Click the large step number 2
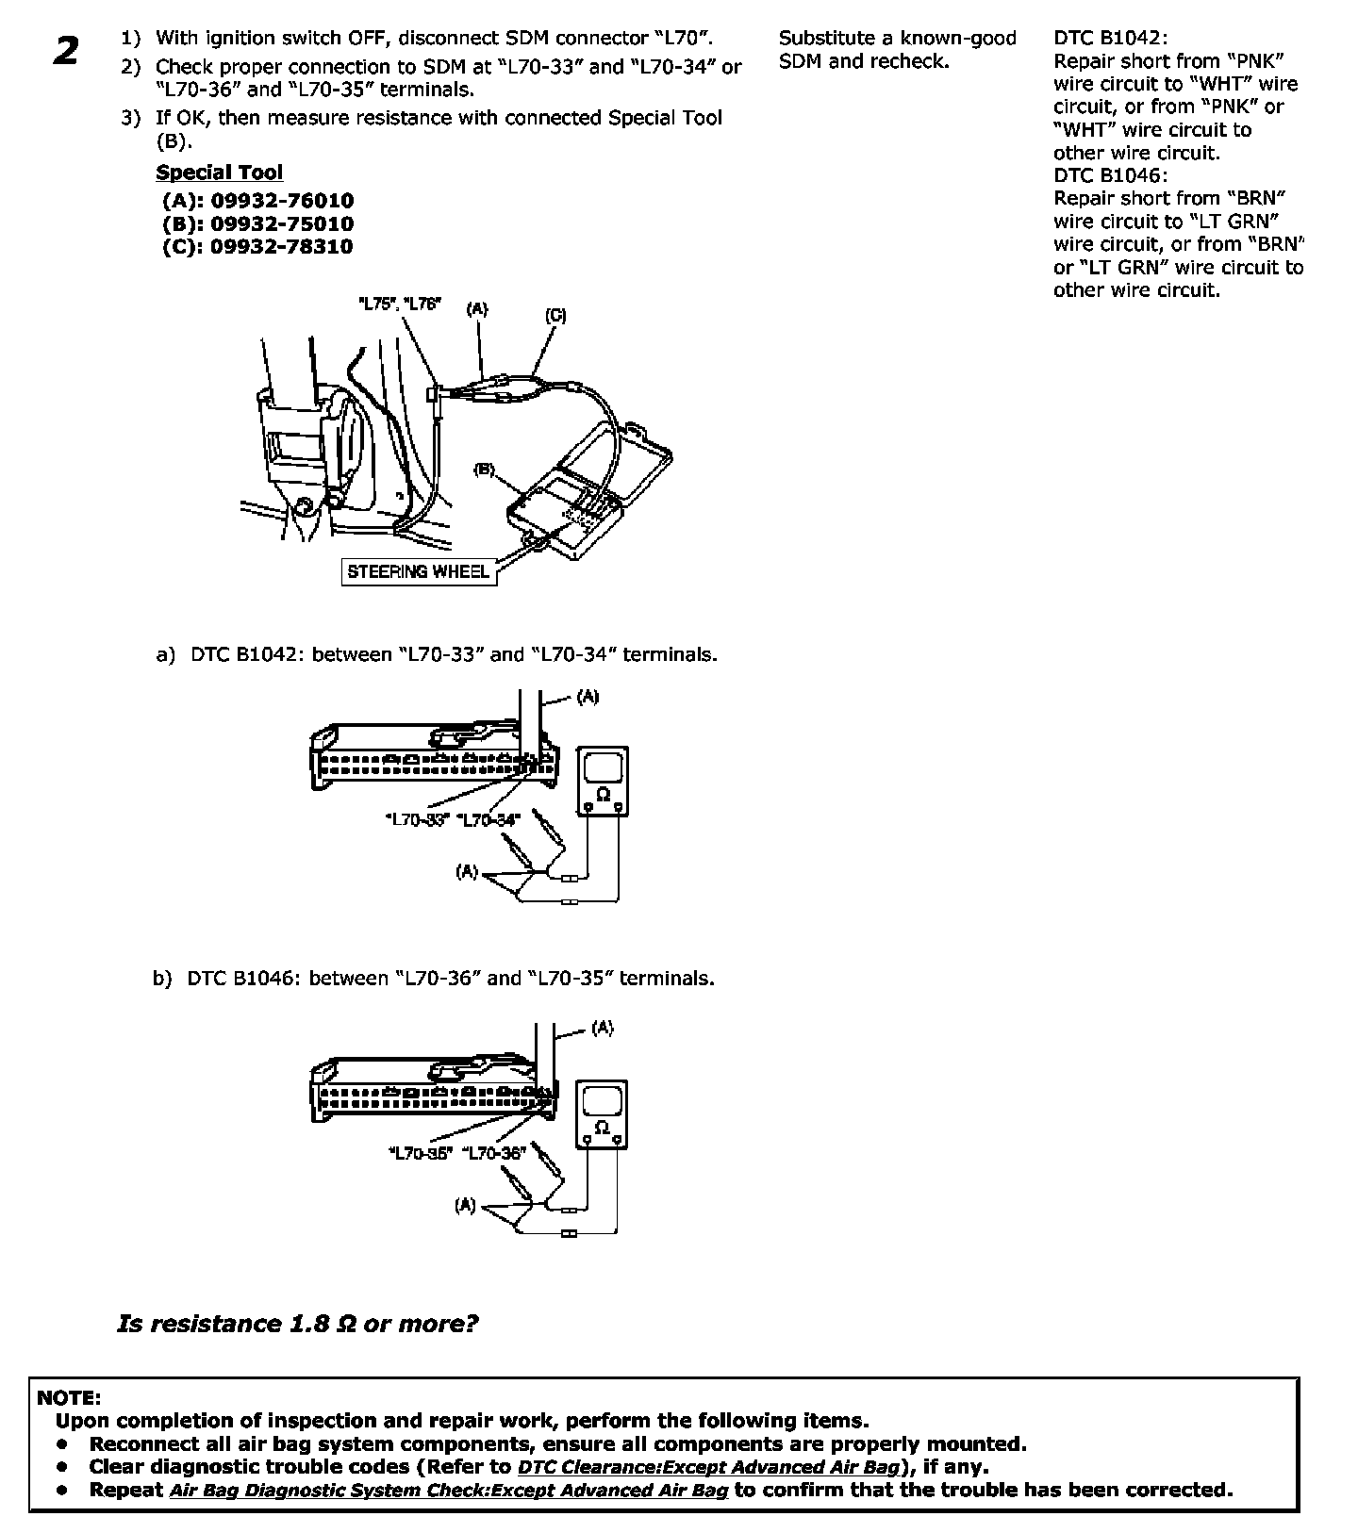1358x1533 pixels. pyautogui.click(x=66, y=51)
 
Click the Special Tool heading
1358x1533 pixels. pyautogui.click(x=219, y=173)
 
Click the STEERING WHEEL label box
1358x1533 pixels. pyautogui.click(x=419, y=571)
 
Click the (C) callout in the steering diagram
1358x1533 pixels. pyautogui.click(x=555, y=316)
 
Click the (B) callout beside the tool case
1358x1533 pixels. pyautogui.click(x=484, y=469)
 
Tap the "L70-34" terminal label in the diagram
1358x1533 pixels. pyautogui.click(x=488, y=820)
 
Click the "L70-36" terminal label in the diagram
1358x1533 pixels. pyautogui.click(x=492, y=1153)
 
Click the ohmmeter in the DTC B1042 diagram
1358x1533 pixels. pyautogui.click(x=603, y=782)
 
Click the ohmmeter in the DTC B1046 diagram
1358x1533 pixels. pyautogui.click(x=602, y=1114)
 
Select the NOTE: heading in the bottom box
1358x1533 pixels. pyautogui.click(x=68, y=1397)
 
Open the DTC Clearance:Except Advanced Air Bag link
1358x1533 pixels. pyautogui.click(x=708, y=1467)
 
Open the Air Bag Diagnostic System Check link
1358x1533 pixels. pyautogui.click(x=449, y=1490)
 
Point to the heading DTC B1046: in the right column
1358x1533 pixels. pyautogui.click(x=1110, y=175)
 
